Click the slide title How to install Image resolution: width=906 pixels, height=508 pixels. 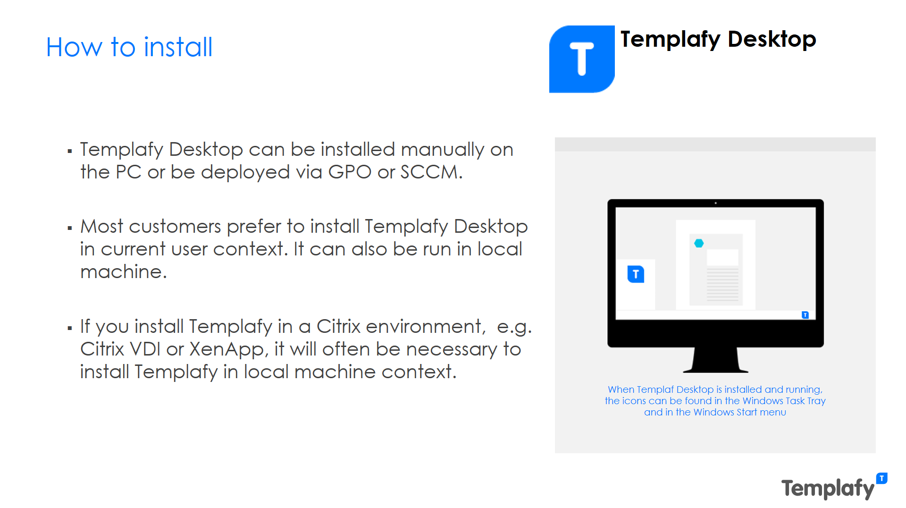[x=129, y=47]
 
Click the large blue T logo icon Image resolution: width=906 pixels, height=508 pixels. [x=581, y=59]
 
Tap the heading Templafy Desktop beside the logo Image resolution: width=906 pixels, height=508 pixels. [x=718, y=39]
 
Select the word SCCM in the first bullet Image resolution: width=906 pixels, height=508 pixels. [x=429, y=172]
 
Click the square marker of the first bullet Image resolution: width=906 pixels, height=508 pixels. [x=70, y=152]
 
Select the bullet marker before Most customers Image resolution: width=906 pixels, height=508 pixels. [x=70, y=229]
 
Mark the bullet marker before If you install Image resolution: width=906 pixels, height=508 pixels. [x=70, y=328]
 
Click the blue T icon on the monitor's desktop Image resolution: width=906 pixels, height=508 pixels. [x=636, y=274]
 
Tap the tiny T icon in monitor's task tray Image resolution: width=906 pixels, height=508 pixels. [x=805, y=315]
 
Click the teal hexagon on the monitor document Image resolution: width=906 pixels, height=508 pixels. [x=699, y=243]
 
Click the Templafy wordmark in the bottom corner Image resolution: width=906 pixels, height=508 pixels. [x=828, y=489]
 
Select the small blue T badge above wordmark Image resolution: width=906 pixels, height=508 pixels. [x=881, y=478]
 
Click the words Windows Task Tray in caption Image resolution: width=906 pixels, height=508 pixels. [x=784, y=401]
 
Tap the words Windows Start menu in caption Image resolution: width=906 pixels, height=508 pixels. [x=739, y=412]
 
